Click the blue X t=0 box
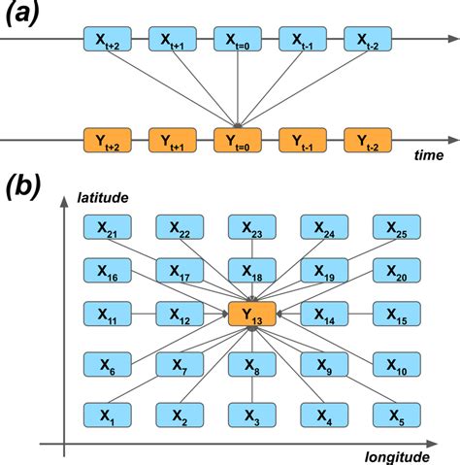[x=237, y=39]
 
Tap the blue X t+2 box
[x=108, y=39]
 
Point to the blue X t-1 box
[x=303, y=39]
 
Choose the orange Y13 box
[x=252, y=314]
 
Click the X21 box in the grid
[x=108, y=228]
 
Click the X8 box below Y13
[x=252, y=364]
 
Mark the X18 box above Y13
[x=252, y=270]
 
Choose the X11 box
[x=108, y=314]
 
